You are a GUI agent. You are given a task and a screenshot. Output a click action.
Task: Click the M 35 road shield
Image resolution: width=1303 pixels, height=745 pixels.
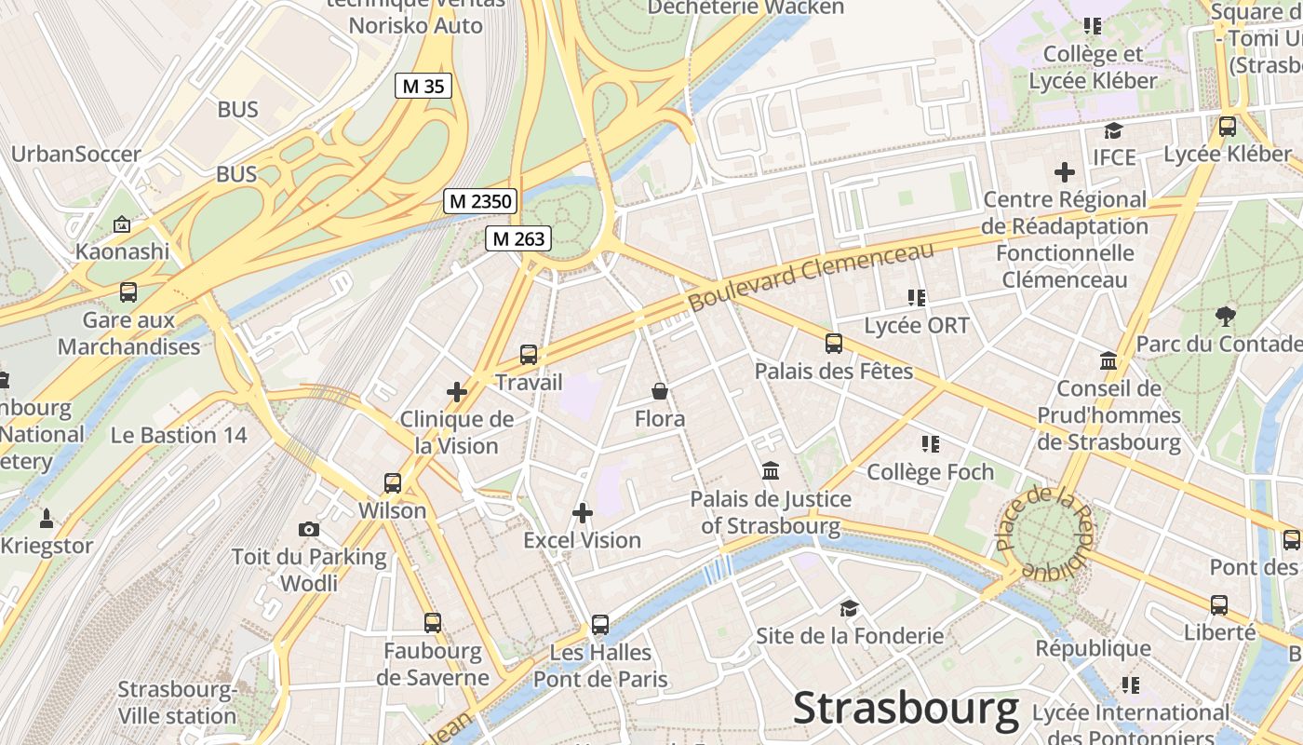(x=423, y=87)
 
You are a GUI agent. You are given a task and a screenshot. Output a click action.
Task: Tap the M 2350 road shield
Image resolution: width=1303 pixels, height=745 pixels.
(x=480, y=200)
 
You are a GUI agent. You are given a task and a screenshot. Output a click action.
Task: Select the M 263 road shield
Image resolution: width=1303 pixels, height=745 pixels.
(x=518, y=238)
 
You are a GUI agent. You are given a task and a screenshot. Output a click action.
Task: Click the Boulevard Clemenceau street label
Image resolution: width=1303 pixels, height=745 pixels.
(x=811, y=278)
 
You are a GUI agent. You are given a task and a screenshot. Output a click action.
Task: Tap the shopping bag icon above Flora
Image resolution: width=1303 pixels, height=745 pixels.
(x=660, y=391)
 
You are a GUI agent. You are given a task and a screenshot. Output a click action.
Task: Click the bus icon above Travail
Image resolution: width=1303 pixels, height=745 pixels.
(x=529, y=354)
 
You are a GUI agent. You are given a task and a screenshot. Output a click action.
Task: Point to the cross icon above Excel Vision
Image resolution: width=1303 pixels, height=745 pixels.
(x=583, y=512)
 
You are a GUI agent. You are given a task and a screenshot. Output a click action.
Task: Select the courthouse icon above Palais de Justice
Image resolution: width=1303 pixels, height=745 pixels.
(x=771, y=471)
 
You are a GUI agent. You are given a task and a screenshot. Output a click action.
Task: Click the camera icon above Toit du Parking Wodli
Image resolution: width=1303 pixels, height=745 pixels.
(x=309, y=529)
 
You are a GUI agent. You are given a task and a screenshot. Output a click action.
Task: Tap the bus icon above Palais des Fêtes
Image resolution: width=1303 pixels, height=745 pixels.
(x=834, y=343)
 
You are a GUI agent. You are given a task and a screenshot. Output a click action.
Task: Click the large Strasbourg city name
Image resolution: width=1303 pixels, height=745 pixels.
(x=906, y=710)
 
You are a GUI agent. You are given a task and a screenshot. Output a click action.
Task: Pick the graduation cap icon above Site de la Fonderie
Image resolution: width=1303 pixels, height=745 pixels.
(x=849, y=608)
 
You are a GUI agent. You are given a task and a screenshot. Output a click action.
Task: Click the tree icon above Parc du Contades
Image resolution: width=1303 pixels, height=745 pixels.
(x=1226, y=317)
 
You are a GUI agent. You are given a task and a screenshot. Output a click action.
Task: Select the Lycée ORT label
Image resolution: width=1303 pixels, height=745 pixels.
(x=917, y=325)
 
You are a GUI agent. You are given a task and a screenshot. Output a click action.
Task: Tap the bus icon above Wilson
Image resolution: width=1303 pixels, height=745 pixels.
(x=393, y=482)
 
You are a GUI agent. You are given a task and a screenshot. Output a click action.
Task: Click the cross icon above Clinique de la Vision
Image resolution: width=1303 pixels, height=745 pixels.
(x=457, y=392)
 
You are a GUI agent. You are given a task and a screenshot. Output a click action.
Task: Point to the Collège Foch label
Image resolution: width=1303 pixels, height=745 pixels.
(x=931, y=472)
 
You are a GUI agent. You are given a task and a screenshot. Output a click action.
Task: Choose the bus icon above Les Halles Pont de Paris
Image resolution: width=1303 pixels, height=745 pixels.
(x=600, y=624)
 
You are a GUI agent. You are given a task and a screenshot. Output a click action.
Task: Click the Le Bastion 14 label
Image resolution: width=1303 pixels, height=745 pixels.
(x=179, y=435)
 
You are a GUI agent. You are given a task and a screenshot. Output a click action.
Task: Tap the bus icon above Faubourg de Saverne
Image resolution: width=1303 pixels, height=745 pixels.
(x=433, y=622)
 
